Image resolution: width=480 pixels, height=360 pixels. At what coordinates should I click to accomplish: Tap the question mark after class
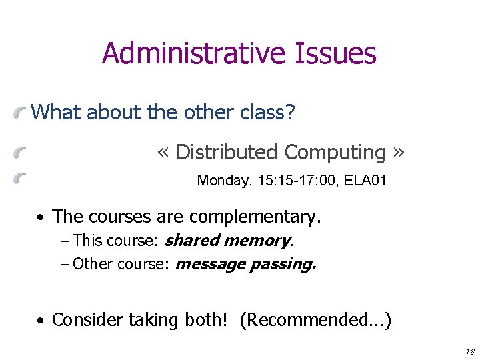[289, 112]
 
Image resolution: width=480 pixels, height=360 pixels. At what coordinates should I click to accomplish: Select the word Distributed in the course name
[227, 152]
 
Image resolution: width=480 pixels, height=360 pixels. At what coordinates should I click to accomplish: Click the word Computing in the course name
[335, 152]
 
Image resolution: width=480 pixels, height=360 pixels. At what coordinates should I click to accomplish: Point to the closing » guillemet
[398, 153]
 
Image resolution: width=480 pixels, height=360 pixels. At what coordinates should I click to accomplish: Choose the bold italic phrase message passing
[245, 264]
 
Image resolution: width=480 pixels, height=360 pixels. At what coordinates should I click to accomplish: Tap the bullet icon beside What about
[22, 113]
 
